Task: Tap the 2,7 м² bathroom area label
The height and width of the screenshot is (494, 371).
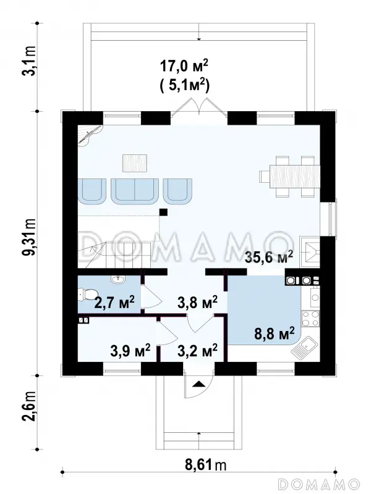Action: [114, 302]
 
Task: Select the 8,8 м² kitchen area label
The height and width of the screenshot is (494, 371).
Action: [275, 333]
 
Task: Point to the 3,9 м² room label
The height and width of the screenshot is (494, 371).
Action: [130, 351]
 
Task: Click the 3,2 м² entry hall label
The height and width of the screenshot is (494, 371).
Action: [197, 351]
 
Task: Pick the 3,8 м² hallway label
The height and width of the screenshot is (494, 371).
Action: [197, 303]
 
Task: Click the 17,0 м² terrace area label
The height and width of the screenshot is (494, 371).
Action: [184, 66]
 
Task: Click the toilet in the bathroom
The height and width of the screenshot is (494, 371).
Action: [86, 294]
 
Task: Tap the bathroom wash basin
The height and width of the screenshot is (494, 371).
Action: [118, 278]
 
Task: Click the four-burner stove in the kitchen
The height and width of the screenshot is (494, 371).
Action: [310, 318]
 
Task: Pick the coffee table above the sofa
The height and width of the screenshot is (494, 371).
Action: [135, 163]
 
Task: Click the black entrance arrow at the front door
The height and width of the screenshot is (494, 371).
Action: [198, 383]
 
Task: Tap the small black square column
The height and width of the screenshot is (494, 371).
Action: [163, 212]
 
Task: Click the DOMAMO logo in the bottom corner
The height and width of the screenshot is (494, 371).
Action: [319, 484]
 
